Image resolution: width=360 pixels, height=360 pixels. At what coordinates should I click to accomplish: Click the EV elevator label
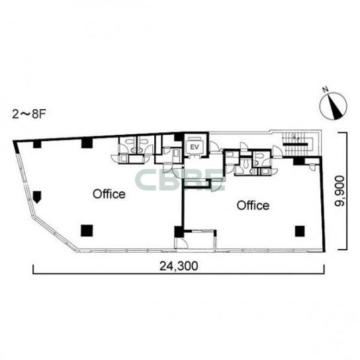(195, 147)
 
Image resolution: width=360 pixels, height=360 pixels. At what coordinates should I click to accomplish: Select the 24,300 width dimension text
(179, 266)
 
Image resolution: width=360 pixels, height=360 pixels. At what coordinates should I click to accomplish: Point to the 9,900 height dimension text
(339, 191)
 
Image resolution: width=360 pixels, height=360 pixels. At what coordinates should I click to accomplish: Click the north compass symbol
(333, 106)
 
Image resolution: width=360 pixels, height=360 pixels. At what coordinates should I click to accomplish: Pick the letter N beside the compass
(325, 89)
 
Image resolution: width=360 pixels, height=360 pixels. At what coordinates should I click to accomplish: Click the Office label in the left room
(109, 195)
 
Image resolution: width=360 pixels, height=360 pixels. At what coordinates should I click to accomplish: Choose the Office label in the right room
(253, 206)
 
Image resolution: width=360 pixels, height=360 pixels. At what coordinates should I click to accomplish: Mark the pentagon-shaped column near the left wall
(37, 197)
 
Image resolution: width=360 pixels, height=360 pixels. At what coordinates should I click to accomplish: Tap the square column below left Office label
(87, 230)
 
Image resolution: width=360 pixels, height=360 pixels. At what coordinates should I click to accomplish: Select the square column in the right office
(300, 231)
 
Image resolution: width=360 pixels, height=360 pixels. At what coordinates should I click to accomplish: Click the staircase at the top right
(297, 144)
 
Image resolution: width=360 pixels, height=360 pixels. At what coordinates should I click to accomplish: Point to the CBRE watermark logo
(180, 180)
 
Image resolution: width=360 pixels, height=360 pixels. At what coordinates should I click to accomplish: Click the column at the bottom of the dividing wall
(179, 232)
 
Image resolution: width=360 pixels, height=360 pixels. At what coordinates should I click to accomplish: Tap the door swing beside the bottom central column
(181, 243)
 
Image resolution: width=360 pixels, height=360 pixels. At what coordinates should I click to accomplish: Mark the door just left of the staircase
(277, 152)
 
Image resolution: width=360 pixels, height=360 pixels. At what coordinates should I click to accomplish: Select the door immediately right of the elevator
(214, 147)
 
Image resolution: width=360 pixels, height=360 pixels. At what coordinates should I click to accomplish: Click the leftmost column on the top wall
(37, 144)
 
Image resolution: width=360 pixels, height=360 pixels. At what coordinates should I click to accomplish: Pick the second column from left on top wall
(87, 142)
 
